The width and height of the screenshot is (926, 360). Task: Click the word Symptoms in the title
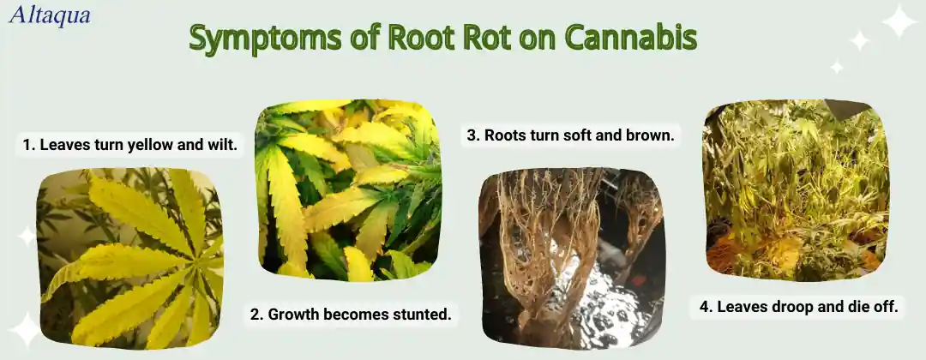pyautogui.click(x=265, y=39)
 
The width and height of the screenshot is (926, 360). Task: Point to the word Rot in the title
pyautogui.click(x=487, y=38)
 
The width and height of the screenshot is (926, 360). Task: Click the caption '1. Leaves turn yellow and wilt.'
pyautogui.click(x=130, y=145)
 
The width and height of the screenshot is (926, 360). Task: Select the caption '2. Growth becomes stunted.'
pyautogui.click(x=351, y=315)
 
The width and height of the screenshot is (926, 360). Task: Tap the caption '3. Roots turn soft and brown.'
pyautogui.click(x=570, y=135)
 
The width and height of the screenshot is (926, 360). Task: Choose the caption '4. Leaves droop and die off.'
pyautogui.click(x=797, y=307)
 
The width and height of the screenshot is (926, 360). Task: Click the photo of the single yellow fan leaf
pyautogui.click(x=129, y=259)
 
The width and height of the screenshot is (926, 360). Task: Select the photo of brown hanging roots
pyautogui.click(x=572, y=259)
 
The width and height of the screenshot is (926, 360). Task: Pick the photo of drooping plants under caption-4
pyautogui.click(x=796, y=190)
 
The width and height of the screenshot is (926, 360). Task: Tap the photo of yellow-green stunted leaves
pyautogui.click(x=348, y=189)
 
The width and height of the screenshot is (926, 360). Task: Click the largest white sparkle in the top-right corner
pyautogui.click(x=899, y=21)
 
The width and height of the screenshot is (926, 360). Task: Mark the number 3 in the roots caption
pyautogui.click(x=472, y=135)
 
